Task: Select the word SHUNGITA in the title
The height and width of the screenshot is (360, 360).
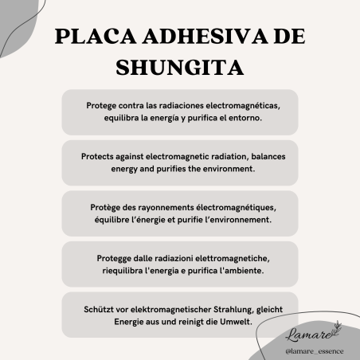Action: [179, 67]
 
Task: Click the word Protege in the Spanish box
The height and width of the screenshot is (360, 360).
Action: [102, 105]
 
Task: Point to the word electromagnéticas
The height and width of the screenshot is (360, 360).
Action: [237, 105]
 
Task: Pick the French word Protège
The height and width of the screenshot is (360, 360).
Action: [108, 208]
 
